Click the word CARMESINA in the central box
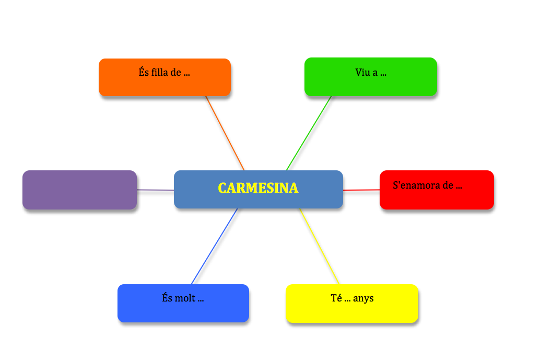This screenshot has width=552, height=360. click(x=258, y=188)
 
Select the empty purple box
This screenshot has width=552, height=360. click(x=79, y=190)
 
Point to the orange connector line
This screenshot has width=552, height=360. click(x=225, y=133)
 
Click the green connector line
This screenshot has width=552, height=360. click(x=308, y=133)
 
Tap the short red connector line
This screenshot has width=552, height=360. click(x=361, y=190)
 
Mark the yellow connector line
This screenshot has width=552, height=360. click(x=319, y=246)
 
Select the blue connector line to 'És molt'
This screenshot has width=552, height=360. click(x=215, y=246)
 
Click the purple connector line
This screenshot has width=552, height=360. click(x=155, y=190)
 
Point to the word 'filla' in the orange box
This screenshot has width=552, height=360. click(x=160, y=73)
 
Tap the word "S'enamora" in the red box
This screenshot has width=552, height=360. click(x=415, y=185)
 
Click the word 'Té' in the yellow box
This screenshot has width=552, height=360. click(x=336, y=298)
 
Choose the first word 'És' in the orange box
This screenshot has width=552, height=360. click(x=144, y=73)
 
